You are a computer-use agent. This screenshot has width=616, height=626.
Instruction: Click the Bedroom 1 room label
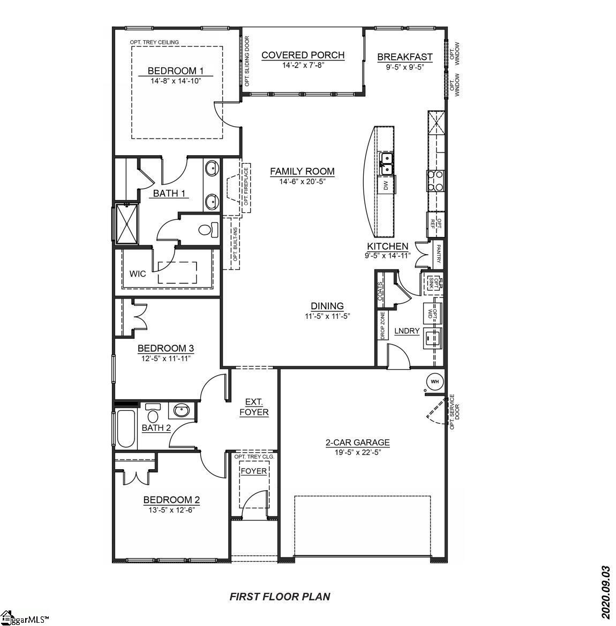coord(176,71)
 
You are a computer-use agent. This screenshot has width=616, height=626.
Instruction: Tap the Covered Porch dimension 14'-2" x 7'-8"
coord(303,65)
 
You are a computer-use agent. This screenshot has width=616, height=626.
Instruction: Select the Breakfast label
coord(404,57)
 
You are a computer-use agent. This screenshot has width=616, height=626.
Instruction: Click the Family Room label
coord(302,171)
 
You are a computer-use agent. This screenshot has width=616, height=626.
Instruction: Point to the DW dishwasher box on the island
coord(385,186)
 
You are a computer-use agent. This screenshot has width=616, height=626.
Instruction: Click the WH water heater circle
coord(434,381)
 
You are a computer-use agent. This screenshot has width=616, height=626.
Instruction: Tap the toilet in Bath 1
coord(208,230)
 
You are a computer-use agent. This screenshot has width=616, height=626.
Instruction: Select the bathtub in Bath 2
coord(126,429)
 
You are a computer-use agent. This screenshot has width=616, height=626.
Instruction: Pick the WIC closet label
coord(138,274)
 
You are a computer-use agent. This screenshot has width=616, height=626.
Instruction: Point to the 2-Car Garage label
coord(357,442)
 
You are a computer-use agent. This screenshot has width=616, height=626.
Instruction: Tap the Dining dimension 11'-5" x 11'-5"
coord(327,316)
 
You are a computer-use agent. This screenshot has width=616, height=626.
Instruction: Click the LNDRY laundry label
coord(407,331)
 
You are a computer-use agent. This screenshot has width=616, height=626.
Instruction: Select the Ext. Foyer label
coord(254,407)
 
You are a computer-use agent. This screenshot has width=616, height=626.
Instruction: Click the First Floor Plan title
coord(280,596)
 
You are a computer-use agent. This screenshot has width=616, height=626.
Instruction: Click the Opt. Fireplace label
coord(246,187)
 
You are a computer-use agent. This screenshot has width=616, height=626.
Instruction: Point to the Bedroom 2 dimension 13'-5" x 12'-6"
coord(171,510)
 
